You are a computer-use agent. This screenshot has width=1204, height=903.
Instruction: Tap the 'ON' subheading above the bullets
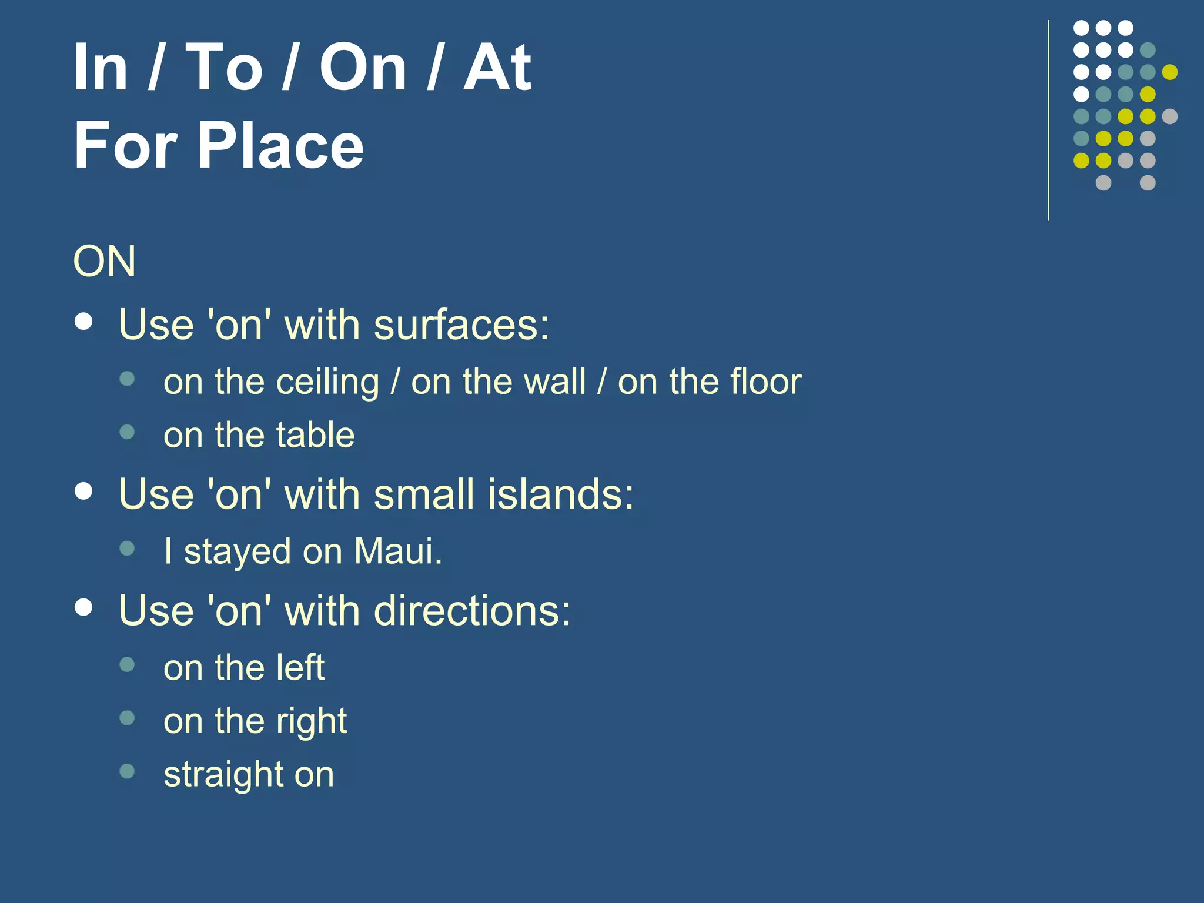point(105,261)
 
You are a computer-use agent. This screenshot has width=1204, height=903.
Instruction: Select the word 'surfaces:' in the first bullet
point(461,325)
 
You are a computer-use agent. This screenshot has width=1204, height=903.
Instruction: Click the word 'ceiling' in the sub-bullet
point(327,383)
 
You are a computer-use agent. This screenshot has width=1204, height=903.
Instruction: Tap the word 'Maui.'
point(398,551)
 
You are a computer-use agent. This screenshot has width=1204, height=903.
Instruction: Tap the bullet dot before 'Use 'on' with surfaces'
point(84,322)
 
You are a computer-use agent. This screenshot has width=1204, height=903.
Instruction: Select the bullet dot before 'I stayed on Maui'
point(127,549)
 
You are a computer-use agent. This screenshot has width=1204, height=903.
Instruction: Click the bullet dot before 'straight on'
point(127,771)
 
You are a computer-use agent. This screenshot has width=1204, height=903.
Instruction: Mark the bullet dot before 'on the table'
point(127,433)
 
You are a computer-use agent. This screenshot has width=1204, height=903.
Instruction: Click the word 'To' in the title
point(224,68)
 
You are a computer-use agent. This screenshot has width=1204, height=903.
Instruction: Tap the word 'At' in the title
point(497,68)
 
